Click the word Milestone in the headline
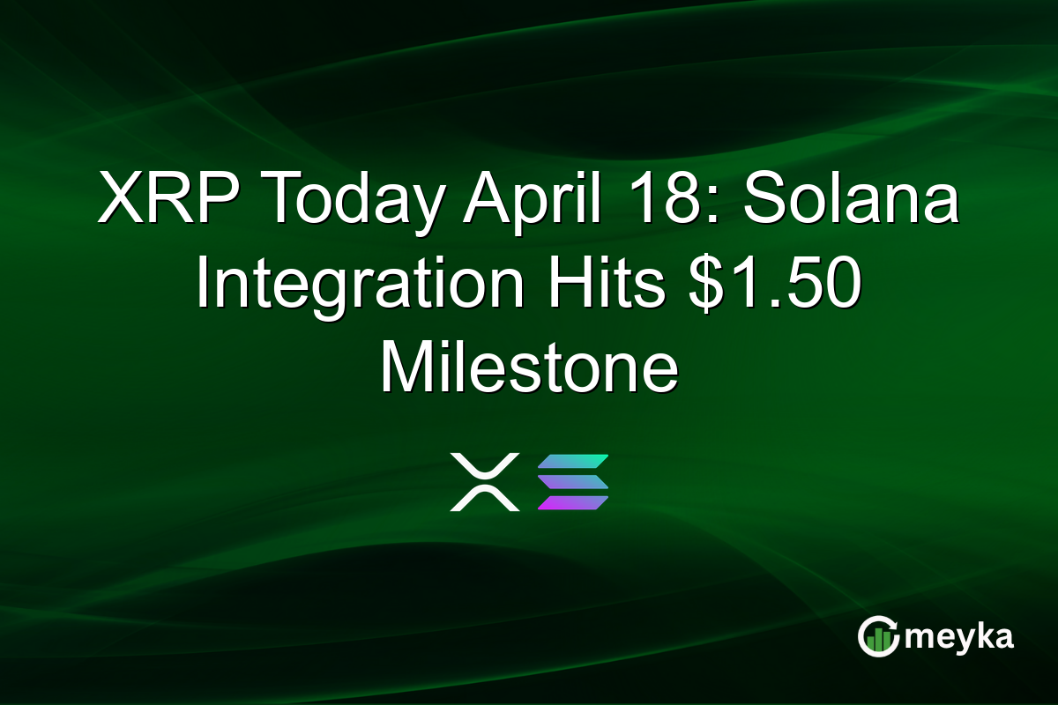(x=529, y=371)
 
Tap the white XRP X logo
(x=484, y=482)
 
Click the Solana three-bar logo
(x=573, y=482)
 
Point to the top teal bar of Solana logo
(x=574, y=462)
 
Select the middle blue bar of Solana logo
(x=573, y=482)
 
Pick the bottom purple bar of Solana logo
(x=572, y=503)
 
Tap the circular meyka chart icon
(x=879, y=637)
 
